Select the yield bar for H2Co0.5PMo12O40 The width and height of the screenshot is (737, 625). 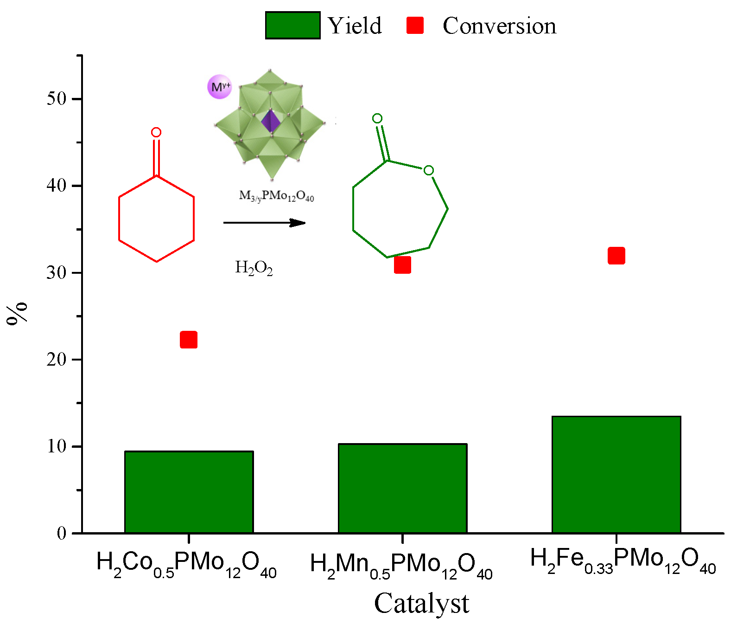point(189,492)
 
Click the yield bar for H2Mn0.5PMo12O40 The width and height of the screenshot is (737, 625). point(402,488)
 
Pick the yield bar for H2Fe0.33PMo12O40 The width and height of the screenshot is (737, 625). point(616,474)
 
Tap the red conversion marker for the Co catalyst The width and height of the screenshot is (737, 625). point(189,340)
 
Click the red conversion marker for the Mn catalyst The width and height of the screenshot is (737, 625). point(402,265)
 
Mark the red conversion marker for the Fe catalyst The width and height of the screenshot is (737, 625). point(616,256)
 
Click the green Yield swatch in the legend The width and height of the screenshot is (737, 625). point(292,25)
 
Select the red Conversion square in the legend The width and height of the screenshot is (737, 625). point(415,25)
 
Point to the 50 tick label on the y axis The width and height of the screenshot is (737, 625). point(56,98)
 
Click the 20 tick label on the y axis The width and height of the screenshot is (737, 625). point(56,359)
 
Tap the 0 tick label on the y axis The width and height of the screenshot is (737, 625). point(61,533)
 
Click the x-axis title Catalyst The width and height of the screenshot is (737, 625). point(421,604)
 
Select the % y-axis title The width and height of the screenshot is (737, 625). point(17,314)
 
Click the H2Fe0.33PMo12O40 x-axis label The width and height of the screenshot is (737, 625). point(623,561)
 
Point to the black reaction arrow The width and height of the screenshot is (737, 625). point(264,223)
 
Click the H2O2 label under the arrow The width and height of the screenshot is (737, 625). point(254,268)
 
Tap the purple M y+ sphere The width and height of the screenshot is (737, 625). point(220,87)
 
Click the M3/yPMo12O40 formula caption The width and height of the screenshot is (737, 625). point(276,196)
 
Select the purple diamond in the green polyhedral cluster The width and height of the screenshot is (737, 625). point(271,122)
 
